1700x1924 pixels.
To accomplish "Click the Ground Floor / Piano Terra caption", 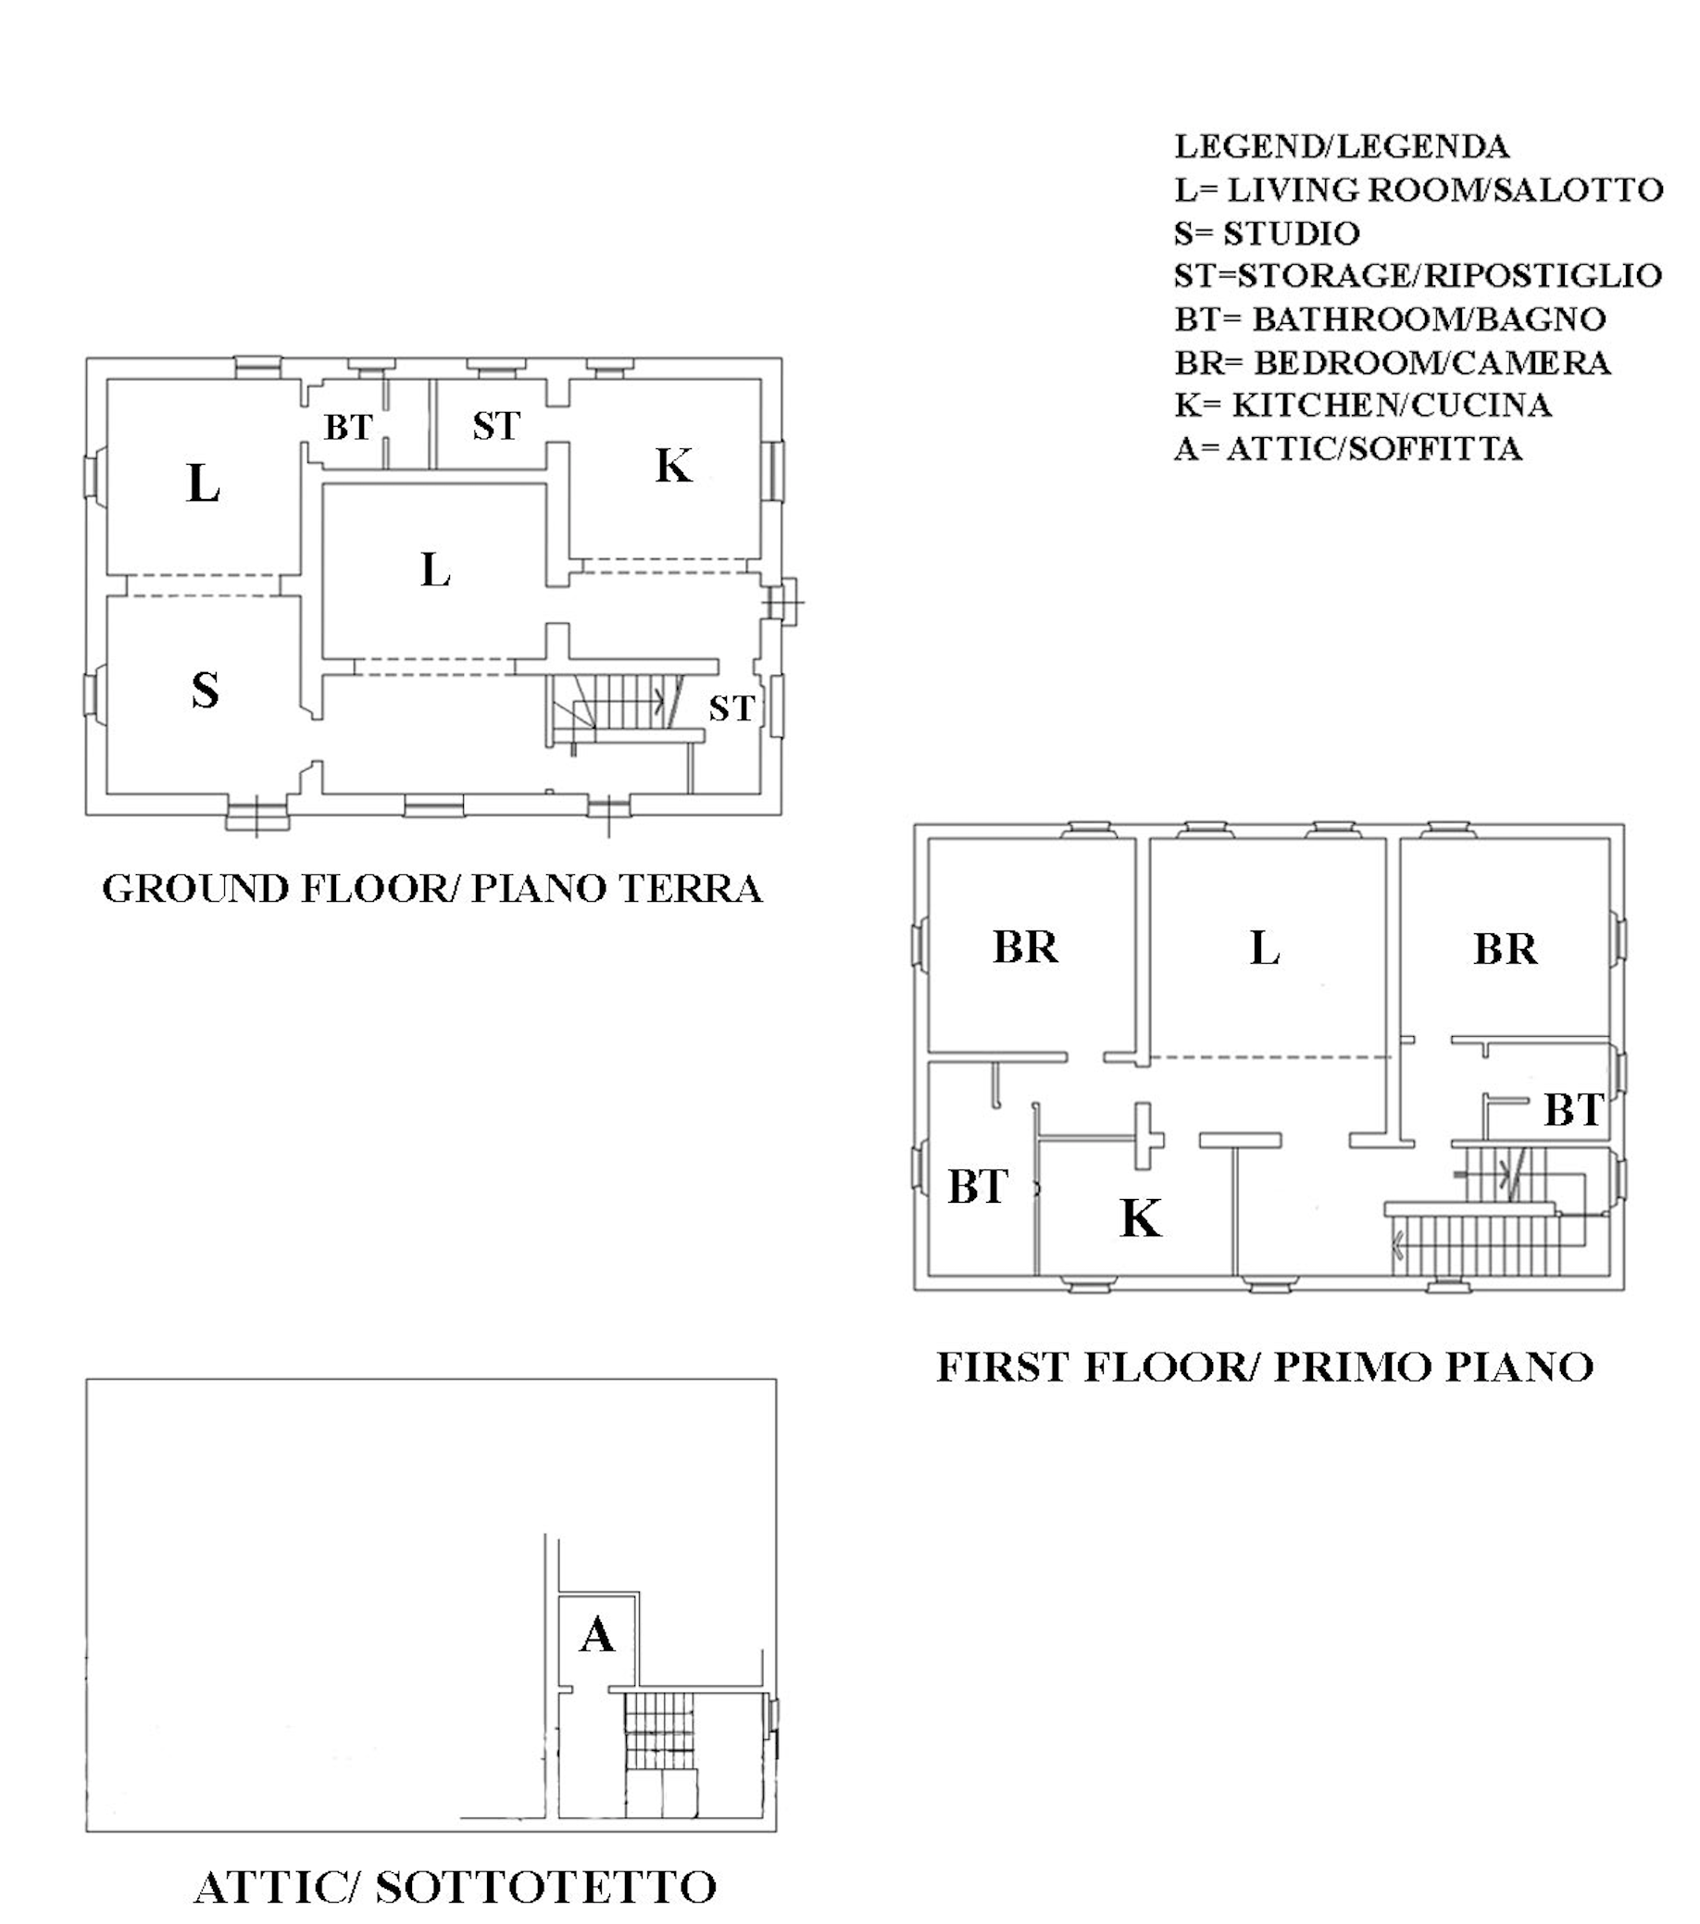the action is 432,890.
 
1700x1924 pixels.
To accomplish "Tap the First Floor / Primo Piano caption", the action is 1264,1368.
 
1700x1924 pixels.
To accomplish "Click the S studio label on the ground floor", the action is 206,690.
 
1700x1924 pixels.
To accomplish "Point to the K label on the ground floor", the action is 674,466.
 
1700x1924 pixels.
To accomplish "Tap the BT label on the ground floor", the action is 348,428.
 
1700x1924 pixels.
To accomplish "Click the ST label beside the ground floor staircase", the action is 731,709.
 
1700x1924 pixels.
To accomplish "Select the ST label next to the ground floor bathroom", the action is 496,427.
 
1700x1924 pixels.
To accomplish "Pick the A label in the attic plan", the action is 597,1636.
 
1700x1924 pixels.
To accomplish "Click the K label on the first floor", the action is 1141,1218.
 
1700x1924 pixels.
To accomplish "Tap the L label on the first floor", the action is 1264,948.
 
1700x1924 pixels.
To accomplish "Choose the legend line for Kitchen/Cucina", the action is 1362,406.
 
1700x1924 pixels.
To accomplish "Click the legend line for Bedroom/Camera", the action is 1393,362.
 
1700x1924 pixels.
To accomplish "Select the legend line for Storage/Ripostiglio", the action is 1418,276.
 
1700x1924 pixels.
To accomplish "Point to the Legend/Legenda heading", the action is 1342,147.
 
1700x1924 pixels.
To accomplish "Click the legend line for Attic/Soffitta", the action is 1348,449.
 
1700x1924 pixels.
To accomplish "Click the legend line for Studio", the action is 1267,233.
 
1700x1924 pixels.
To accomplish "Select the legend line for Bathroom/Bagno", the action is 1391,319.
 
